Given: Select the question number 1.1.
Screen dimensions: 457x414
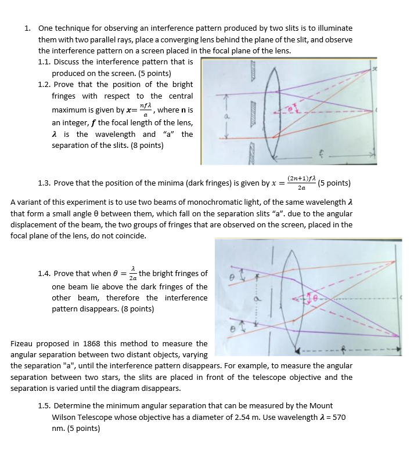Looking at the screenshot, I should coord(44,61).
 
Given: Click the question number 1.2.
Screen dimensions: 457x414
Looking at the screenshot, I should coord(44,84).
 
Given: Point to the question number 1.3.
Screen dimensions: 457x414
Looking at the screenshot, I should coord(44,183).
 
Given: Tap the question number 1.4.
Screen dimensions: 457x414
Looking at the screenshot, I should coord(44,274).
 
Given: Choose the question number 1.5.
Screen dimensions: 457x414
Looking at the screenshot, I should coord(44,406).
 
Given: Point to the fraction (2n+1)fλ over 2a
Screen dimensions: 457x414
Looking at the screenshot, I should coord(301,183).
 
